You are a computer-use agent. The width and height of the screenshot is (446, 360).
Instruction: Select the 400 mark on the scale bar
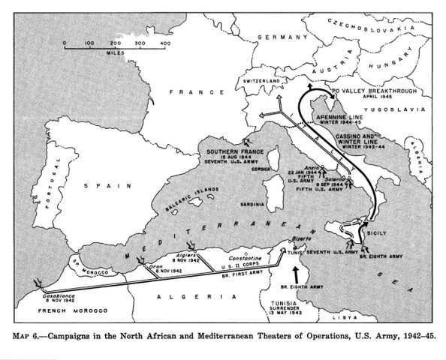pyautogui.click(x=164, y=44)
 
